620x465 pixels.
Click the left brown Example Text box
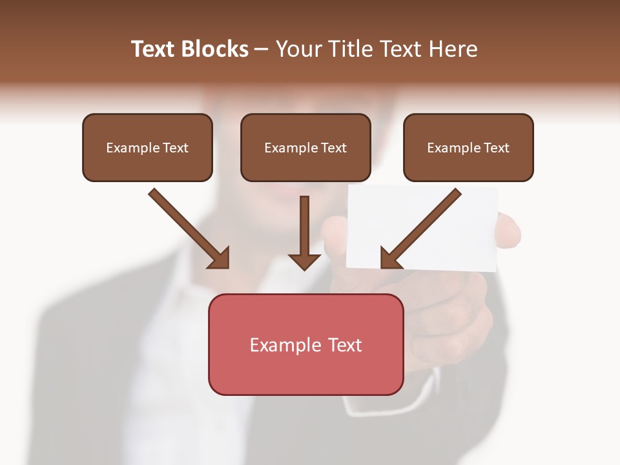[147, 147]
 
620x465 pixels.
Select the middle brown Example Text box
[305, 147]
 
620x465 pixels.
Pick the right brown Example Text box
[468, 147]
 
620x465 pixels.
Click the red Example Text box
[305, 345]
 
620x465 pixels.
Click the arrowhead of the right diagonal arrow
[390, 258]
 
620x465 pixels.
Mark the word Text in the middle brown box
[333, 147]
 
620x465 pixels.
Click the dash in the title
[262, 49]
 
